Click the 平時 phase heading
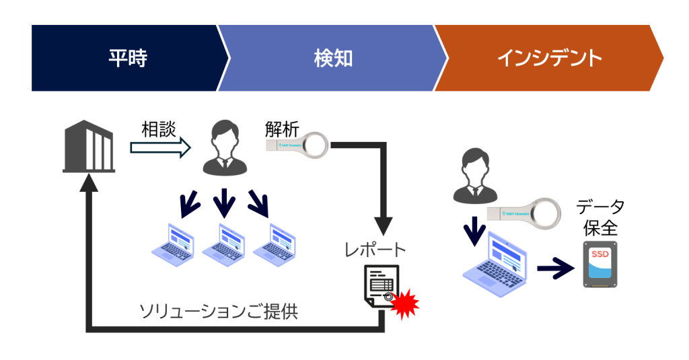point(128,59)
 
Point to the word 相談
point(159,129)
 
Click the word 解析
point(281,129)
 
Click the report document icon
point(381,286)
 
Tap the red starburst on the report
point(404,305)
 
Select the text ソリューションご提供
point(218,311)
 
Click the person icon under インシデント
point(474,176)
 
